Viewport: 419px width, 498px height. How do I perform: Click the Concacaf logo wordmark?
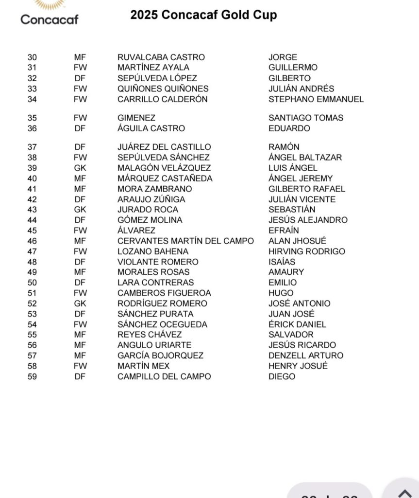click(49, 19)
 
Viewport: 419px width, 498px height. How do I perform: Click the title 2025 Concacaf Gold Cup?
click(203, 15)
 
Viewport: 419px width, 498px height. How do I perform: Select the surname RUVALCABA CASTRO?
click(161, 57)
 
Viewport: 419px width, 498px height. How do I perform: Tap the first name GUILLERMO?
click(293, 68)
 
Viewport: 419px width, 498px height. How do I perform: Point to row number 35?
click(32, 118)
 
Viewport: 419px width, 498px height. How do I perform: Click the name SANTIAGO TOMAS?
click(306, 118)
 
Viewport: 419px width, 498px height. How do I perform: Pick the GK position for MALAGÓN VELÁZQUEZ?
click(80, 168)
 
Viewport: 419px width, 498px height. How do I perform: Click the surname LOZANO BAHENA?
click(153, 251)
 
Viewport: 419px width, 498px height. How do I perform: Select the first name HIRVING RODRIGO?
click(307, 251)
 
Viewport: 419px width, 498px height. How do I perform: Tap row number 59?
click(32, 376)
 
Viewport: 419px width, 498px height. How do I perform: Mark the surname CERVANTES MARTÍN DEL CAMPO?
click(185, 241)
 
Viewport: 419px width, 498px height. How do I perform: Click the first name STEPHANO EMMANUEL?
click(316, 99)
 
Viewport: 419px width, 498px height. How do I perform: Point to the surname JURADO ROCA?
click(148, 210)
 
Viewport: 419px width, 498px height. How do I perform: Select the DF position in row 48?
click(80, 262)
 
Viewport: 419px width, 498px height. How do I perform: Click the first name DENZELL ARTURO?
click(306, 356)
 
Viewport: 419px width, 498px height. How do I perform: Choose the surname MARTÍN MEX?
click(144, 366)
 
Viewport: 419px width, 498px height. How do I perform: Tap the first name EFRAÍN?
click(284, 231)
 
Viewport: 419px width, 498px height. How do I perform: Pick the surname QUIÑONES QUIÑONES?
click(163, 89)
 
